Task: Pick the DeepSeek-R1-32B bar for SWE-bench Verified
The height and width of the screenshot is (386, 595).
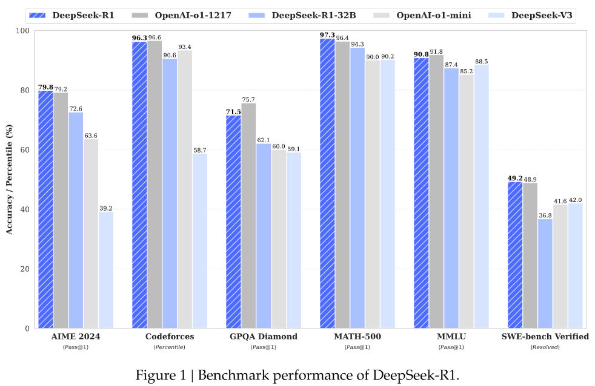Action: pos(545,273)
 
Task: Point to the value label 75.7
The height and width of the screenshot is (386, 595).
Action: pos(248,99)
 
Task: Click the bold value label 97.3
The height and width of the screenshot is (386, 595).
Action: pos(327,34)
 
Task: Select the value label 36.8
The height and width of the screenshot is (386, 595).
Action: pos(545,215)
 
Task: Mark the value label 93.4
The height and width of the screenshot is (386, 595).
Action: pos(184,47)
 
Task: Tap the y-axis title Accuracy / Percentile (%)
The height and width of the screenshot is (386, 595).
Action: pos(9,179)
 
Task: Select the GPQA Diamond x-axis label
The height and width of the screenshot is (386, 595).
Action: pos(264,336)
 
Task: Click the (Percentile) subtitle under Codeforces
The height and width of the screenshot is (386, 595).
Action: pos(170,347)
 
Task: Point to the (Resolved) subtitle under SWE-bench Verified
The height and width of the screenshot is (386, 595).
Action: pos(545,347)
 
